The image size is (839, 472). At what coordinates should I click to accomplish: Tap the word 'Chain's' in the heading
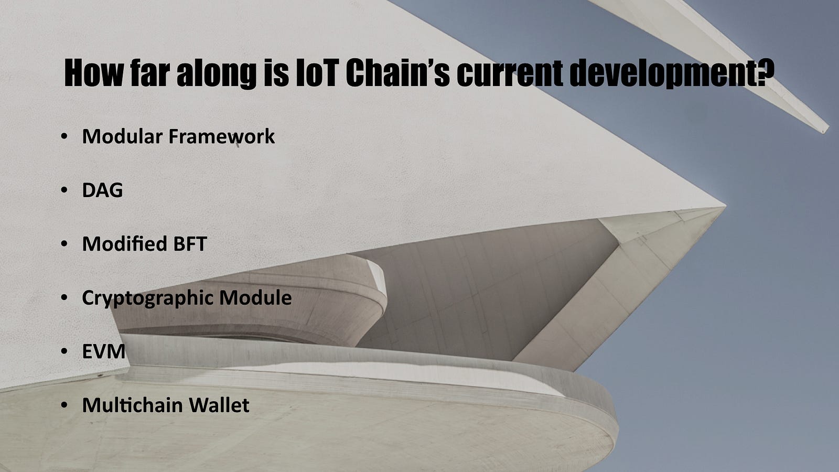pos(397,73)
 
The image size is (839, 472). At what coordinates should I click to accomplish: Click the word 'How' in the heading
pos(94,73)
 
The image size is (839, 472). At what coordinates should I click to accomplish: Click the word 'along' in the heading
pos(217,74)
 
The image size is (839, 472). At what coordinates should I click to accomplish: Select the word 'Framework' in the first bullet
pos(221,136)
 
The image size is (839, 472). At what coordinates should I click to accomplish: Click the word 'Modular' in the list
pos(122,136)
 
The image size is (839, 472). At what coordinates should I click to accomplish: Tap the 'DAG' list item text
pos(102,190)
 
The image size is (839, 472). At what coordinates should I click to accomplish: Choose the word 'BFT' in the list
pos(190,244)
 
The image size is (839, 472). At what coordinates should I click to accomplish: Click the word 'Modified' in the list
pos(124,244)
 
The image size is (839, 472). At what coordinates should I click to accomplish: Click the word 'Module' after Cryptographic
pos(255,297)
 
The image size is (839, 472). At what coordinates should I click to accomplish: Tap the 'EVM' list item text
pos(104,351)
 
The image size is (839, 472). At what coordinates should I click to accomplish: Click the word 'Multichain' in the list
pos(132,405)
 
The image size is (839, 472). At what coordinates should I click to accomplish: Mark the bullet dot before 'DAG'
pos(64,190)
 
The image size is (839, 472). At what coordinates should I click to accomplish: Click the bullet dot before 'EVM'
pos(64,351)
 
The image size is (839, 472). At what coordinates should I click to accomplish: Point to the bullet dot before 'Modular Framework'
pos(64,136)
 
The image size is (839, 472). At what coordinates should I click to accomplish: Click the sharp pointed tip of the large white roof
pos(725,206)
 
